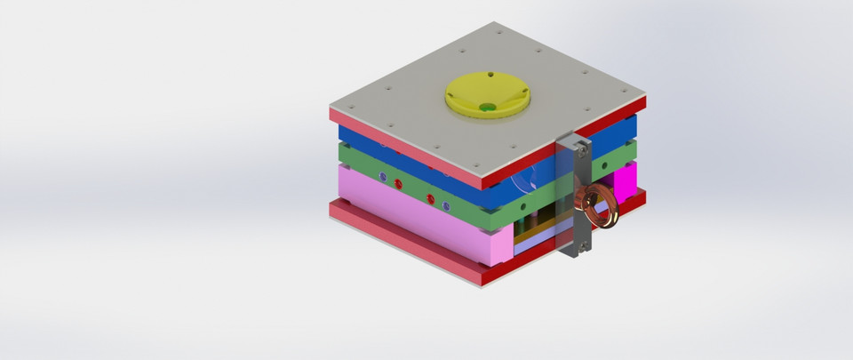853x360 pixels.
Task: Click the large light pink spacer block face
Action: (x=409, y=222)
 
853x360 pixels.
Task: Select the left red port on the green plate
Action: (x=397, y=183)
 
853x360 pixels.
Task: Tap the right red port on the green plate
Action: (x=430, y=198)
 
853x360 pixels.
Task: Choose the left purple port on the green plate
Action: (x=382, y=177)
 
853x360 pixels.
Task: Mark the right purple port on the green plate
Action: (x=446, y=205)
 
